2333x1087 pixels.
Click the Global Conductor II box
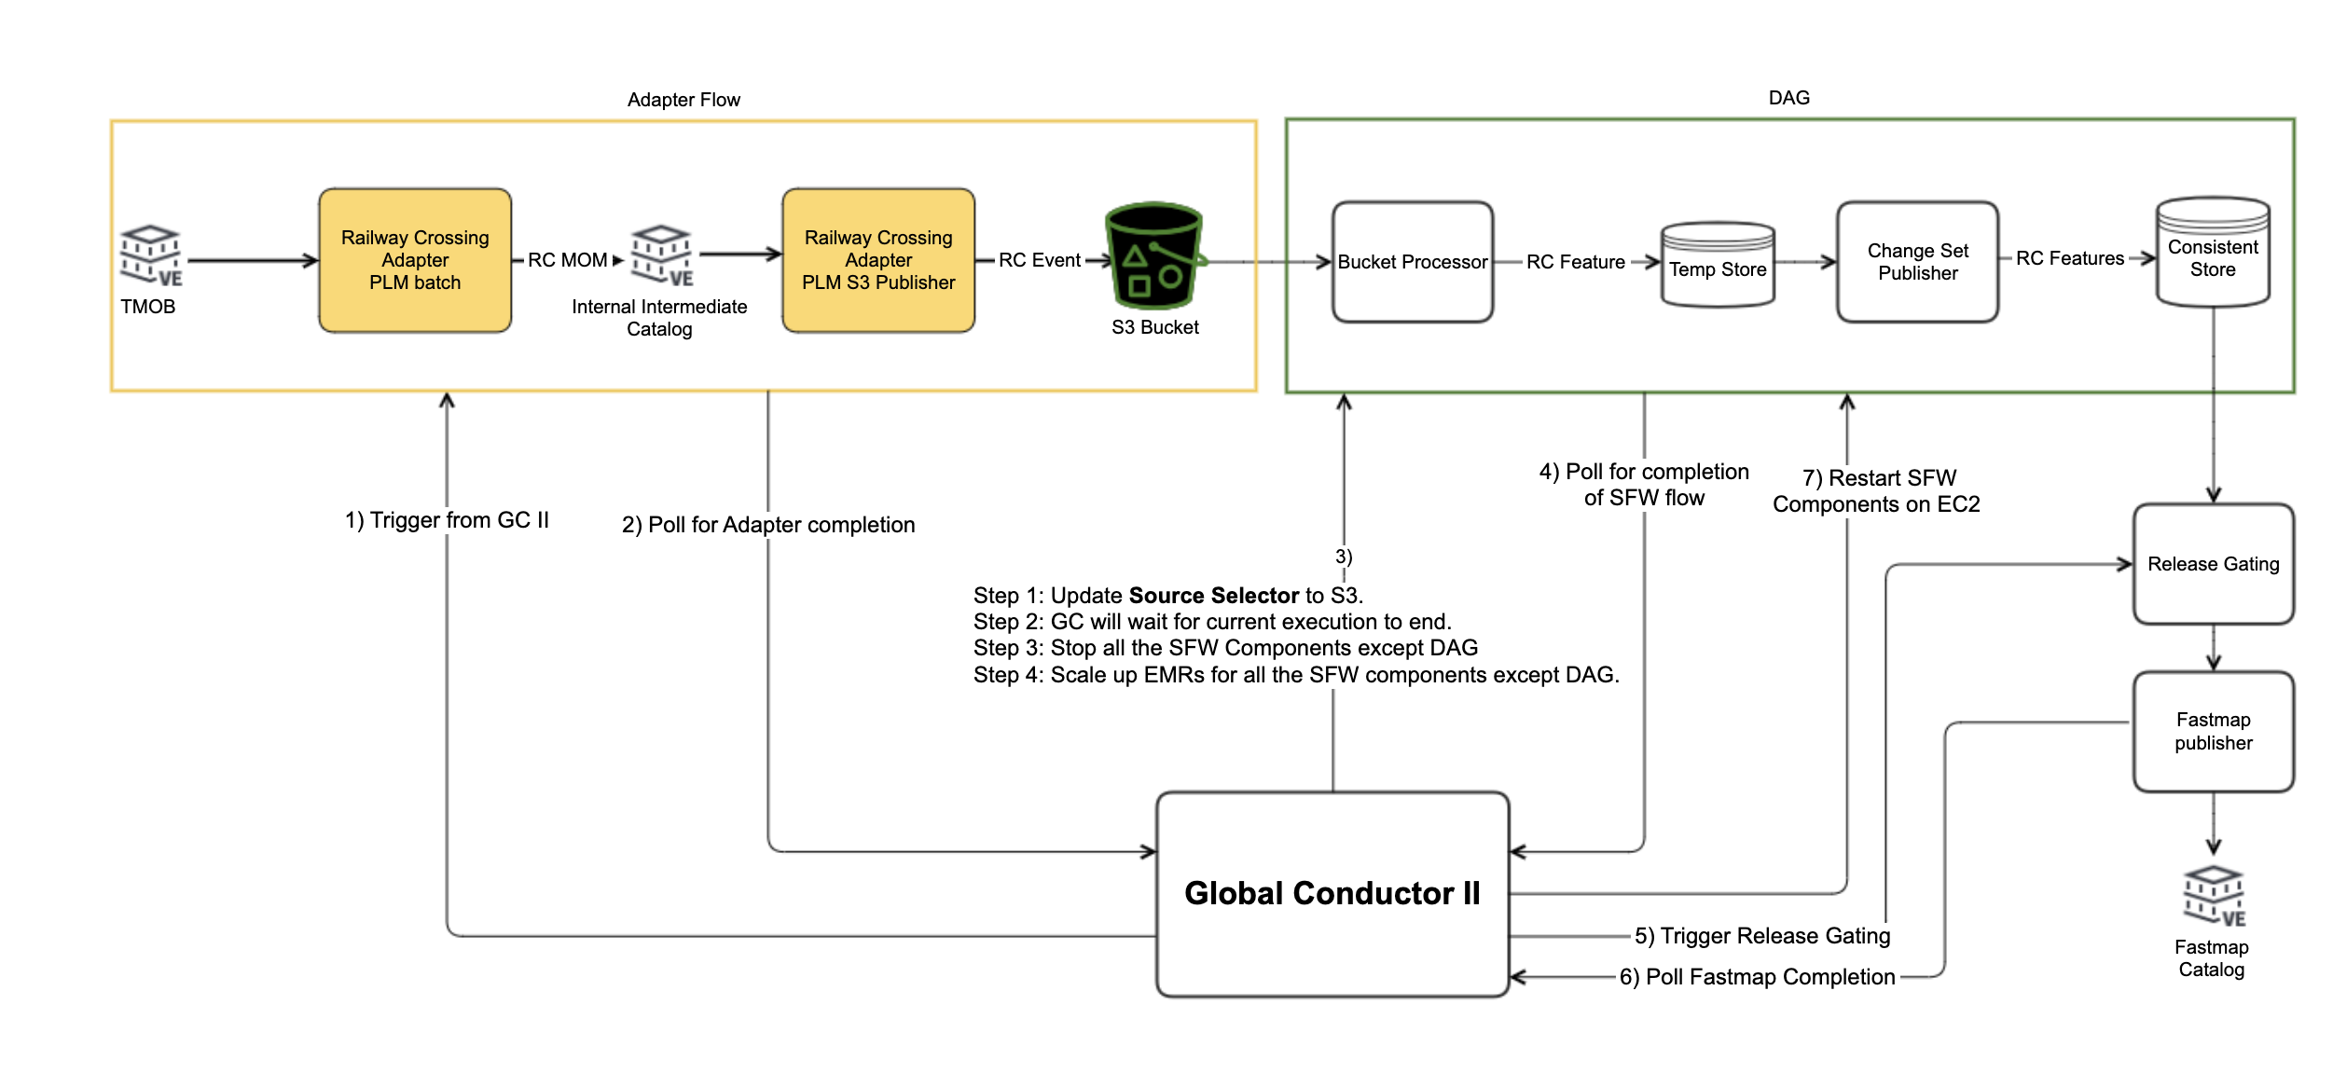click(x=1332, y=893)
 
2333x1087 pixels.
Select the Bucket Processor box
click(x=1412, y=262)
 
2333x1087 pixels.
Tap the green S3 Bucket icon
click(x=1154, y=256)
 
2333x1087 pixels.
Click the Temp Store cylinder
click(x=1717, y=266)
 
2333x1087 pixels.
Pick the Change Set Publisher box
click(x=1917, y=262)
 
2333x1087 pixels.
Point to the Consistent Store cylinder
click(x=2212, y=254)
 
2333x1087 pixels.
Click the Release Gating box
click(x=2213, y=564)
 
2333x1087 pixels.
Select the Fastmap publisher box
click(x=2213, y=731)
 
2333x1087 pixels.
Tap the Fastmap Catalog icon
click(x=2213, y=897)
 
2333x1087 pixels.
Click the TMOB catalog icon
click(x=150, y=255)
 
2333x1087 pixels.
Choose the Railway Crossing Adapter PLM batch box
click(x=415, y=260)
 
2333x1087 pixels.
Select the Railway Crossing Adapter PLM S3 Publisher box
click(x=878, y=260)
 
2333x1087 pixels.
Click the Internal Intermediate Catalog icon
click(x=661, y=255)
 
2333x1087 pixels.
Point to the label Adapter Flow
click(x=683, y=100)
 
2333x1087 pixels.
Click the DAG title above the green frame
click(x=1788, y=98)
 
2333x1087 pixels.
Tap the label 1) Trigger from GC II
click(x=447, y=520)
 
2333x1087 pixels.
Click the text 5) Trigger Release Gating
click(x=1762, y=936)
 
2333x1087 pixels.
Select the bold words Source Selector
click(x=1213, y=596)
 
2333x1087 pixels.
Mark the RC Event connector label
click(x=1039, y=260)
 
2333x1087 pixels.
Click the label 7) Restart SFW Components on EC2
click(x=1876, y=491)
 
